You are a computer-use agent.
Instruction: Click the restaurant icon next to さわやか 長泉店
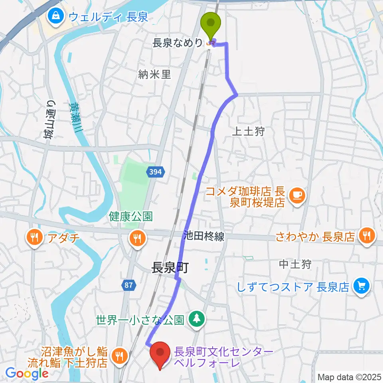366,235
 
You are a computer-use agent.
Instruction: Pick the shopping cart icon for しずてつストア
362,286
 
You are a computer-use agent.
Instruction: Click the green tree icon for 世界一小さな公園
197,318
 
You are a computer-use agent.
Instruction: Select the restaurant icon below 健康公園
138,238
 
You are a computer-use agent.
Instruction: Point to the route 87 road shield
128,285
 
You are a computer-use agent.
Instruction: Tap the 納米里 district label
155,74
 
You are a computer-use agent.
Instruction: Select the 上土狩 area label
248,132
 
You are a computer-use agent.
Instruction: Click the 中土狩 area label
294,264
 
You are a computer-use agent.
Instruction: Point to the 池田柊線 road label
204,236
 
